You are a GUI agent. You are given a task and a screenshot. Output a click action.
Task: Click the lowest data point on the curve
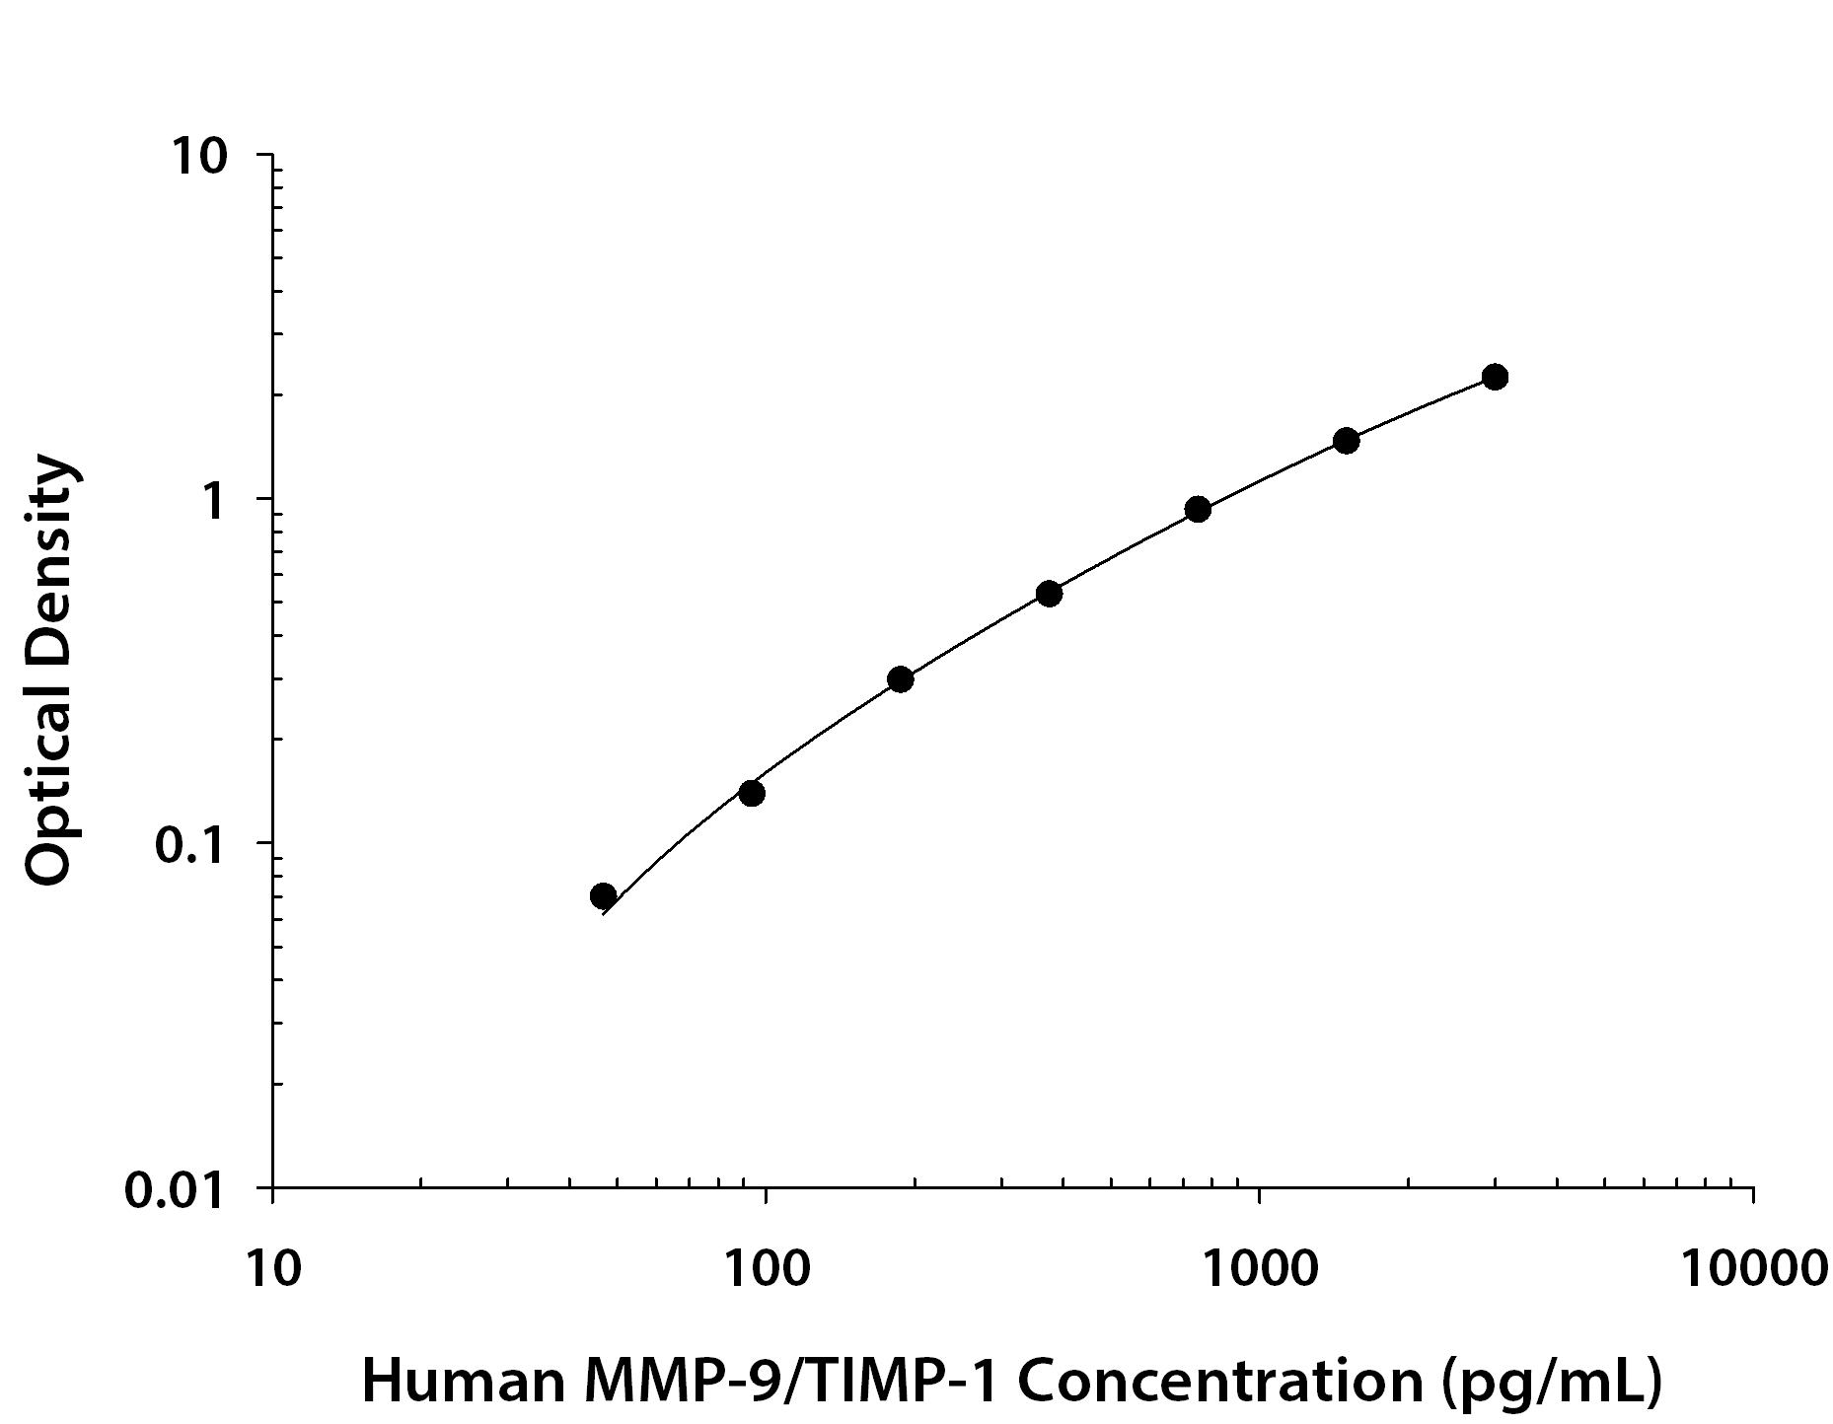click(x=604, y=895)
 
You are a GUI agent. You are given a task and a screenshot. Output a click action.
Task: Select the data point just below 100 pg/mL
click(x=752, y=793)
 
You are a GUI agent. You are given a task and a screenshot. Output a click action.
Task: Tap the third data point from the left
click(x=900, y=678)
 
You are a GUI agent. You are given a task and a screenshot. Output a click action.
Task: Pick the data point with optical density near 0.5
click(x=1050, y=594)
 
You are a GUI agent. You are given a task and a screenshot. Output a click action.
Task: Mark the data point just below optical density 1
click(x=1198, y=509)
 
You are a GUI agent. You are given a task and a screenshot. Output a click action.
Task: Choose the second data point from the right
click(x=1347, y=440)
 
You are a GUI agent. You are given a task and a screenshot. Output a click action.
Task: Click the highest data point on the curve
click(x=1495, y=377)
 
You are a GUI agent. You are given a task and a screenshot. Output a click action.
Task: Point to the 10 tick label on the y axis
click(x=200, y=158)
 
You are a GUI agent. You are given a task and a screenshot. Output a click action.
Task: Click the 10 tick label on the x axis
click(x=272, y=1268)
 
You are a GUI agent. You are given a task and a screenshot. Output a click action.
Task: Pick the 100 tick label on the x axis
click(x=766, y=1268)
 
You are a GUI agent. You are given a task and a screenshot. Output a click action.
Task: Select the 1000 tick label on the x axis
click(x=1260, y=1268)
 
